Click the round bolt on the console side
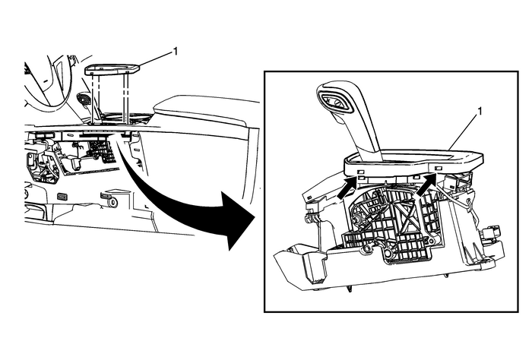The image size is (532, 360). coord(112,202)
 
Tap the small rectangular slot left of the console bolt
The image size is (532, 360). coord(62,196)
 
